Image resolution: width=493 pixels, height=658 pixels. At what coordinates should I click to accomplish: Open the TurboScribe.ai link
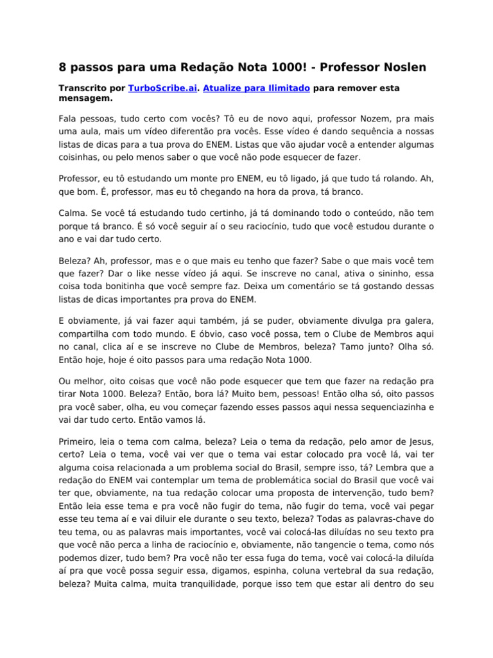[162, 88]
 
